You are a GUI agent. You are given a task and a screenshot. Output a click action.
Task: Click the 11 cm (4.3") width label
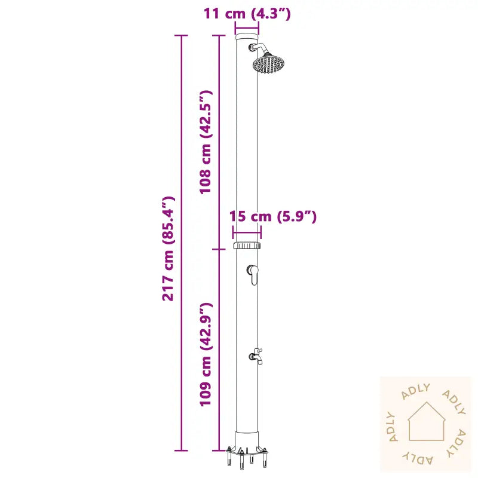(247, 13)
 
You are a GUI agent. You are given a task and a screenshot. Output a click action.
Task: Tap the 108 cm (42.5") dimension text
(206, 142)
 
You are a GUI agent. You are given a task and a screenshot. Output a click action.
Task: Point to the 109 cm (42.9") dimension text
(206, 354)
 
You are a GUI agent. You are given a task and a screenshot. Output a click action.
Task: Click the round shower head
(269, 63)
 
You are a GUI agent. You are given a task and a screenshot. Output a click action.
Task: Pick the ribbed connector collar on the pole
(247, 246)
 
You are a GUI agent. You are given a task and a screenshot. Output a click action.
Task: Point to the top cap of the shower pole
(247, 37)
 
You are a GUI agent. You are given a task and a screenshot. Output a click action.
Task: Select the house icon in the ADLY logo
(426, 421)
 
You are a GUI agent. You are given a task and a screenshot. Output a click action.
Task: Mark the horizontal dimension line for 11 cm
(247, 28)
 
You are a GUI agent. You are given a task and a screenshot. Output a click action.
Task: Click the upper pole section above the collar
(247, 149)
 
